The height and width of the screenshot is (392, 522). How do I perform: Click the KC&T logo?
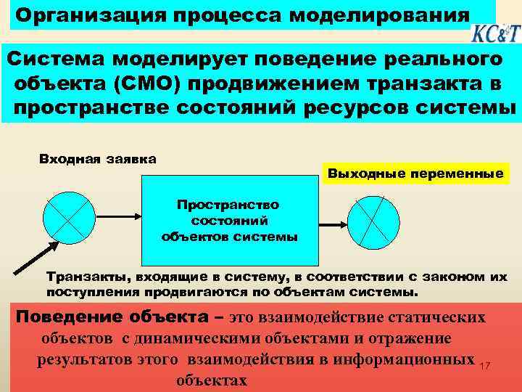pyautogui.click(x=495, y=33)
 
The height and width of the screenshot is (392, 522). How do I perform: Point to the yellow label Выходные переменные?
pyautogui.click(x=415, y=174)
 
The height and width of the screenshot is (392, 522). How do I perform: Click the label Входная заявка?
pyautogui.click(x=97, y=158)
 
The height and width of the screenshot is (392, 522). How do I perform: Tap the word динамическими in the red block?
pyautogui.click(x=199, y=338)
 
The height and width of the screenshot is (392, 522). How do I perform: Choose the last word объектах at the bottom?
pyautogui.click(x=212, y=380)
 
